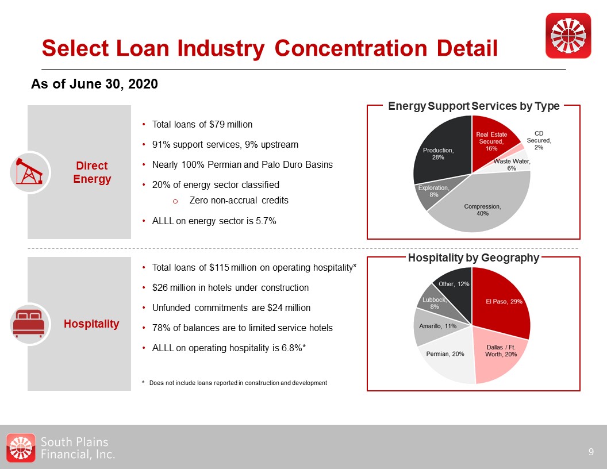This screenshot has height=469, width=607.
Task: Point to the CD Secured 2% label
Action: (x=539, y=140)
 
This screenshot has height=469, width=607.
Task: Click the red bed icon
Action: (x=29, y=324)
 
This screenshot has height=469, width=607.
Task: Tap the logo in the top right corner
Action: (x=568, y=36)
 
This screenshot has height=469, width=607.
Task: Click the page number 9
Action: (x=591, y=452)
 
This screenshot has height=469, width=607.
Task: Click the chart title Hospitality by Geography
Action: (x=474, y=257)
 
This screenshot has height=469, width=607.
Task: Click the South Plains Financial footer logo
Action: (x=60, y=448)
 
